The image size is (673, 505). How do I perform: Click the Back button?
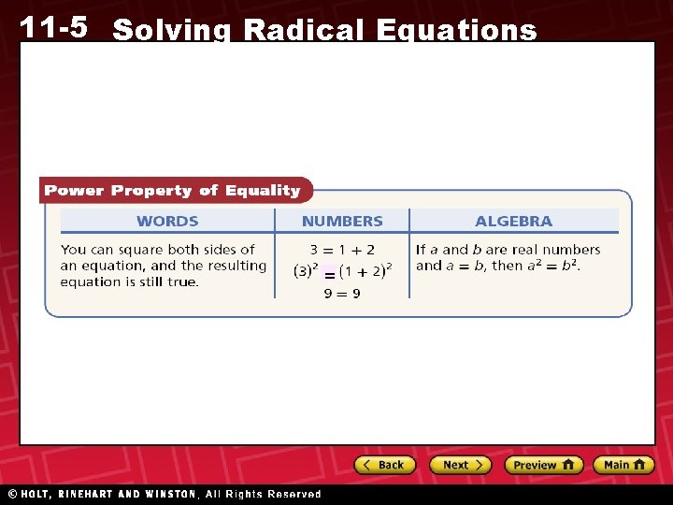pos(384,465)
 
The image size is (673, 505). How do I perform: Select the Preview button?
pos(543,465)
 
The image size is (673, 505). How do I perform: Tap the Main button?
pos(623,465)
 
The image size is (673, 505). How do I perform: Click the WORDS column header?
pos(167,222)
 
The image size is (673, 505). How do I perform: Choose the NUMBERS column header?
pos(342,222)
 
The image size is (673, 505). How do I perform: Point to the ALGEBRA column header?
pos(513,222)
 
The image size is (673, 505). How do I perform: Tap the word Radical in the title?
pos(305,31)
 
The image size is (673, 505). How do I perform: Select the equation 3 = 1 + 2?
pos(343,250)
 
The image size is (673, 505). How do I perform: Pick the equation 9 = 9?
pos(342,294)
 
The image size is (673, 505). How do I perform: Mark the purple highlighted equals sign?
pos(329,274)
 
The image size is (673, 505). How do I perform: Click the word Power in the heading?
pos(75,191)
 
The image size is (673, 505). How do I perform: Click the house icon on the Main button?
pos(639,464)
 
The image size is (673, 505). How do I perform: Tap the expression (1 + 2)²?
pos(365,271)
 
